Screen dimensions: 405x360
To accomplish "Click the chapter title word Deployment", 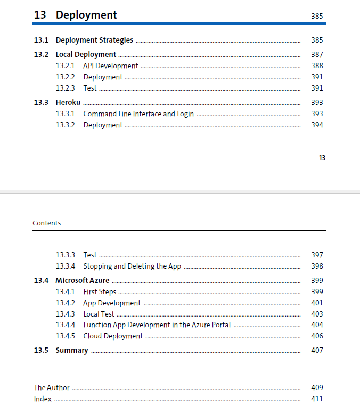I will (x=86, y=15).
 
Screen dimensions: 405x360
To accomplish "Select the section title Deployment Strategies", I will (x=94, y=40).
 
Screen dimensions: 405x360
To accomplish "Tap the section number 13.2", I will (x=41, y=54).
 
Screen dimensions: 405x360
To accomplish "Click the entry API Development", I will (x=110, y=66).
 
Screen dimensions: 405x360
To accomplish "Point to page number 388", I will (x=317, y=66).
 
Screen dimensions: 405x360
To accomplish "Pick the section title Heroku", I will (x=68, y=102).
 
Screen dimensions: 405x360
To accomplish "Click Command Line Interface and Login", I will (x=138, y=114).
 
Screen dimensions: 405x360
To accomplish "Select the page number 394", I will (x=317, y=125).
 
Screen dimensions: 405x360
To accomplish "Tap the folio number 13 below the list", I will (x=322, y=158).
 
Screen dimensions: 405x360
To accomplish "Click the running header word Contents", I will (x=47, y=223).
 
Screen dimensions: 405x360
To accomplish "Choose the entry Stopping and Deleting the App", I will (x=132, y=266).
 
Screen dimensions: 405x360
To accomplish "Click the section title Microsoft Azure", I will (x=83, y=280).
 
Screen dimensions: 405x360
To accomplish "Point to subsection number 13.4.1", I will (x=65, y=292).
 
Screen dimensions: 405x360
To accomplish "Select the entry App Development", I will (x=112, y=303).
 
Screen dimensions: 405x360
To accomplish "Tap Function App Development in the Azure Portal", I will (x=157, y=325).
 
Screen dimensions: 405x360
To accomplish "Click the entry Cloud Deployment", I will (x=113, y=336).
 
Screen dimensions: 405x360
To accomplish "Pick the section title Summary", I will (x=72, y=350).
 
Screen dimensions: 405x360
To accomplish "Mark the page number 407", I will (x=317, y=351).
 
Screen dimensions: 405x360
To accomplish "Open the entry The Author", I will (x=52, y=388).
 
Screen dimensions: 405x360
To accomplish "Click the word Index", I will (x=43, y=399).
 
